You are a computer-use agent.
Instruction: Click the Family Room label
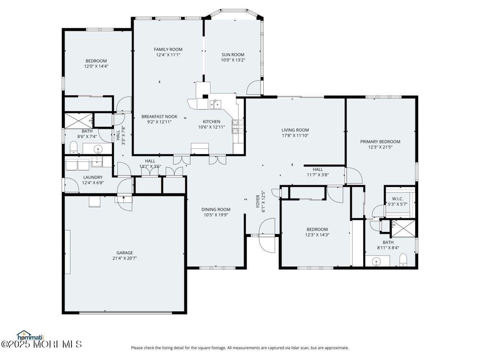click(168, 49)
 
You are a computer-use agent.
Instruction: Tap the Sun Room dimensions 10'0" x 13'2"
click(232, 60)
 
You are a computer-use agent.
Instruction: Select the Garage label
click(124, 253)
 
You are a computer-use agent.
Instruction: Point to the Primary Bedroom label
click(380, 142)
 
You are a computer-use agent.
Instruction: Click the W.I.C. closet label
click(397, 199)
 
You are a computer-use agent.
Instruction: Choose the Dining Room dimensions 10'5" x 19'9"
click(216, 215)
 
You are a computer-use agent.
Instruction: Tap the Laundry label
click(93, 177)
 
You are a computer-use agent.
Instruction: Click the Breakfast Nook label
click(159, 117)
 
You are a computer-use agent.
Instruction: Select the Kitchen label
click(211, 121)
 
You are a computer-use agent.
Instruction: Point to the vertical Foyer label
click(258, 201)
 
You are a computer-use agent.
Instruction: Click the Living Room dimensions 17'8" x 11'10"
click(295, 136)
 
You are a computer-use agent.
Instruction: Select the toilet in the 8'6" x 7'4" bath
click(73, 147)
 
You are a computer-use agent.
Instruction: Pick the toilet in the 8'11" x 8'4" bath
click(403, 259)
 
